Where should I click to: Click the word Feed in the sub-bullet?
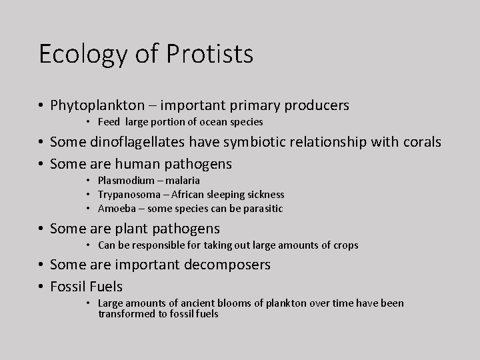(109, 122)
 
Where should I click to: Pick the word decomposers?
(227, 265)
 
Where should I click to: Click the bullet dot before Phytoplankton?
(41, 106)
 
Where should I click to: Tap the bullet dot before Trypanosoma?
(89, 195)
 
